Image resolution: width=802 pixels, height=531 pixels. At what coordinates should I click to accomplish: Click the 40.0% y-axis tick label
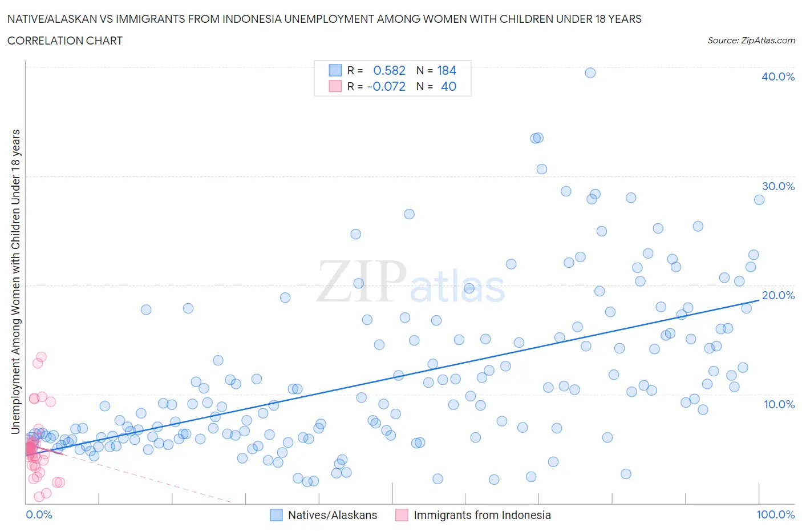777,77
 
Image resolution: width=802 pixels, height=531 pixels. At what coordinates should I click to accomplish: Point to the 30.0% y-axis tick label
777,186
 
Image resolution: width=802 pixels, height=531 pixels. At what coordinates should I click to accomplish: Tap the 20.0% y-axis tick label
777,295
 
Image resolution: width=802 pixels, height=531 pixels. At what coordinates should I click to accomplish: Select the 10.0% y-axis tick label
779,404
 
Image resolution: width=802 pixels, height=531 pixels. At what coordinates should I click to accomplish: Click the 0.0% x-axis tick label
39,514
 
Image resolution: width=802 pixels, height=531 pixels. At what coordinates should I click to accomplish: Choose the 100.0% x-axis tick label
775,514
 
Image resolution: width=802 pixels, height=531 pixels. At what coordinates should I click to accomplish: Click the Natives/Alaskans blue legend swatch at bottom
276,515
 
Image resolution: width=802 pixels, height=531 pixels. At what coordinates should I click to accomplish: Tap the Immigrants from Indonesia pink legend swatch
402,515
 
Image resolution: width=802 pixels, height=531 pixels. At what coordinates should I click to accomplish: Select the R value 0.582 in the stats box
389,70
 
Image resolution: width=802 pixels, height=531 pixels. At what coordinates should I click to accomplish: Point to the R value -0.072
386,86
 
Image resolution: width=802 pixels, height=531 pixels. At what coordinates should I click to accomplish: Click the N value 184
447,70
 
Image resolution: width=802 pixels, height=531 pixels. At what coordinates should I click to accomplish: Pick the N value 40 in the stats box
448,86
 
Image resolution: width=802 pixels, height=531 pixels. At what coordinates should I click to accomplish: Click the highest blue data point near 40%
590,73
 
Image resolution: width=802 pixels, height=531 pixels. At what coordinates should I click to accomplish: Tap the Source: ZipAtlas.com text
751,40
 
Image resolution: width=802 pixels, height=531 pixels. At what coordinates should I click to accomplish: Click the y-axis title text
15,281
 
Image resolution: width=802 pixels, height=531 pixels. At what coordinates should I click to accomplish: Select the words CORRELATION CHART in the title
64,41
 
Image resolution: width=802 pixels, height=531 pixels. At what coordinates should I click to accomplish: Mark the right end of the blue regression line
759,300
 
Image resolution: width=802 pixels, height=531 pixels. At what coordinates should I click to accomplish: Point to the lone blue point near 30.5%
542,169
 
